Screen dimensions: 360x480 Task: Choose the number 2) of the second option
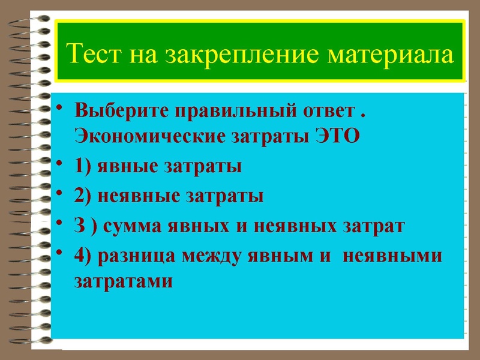pyautogui.click(x=84, y=196)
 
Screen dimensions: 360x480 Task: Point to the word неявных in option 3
pyautogui.click(x=290, y=226)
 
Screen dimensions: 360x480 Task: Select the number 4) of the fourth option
pyautogui.click(x=84, y=256)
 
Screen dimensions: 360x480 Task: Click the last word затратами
pyautogui.click(x=123, y=280)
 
